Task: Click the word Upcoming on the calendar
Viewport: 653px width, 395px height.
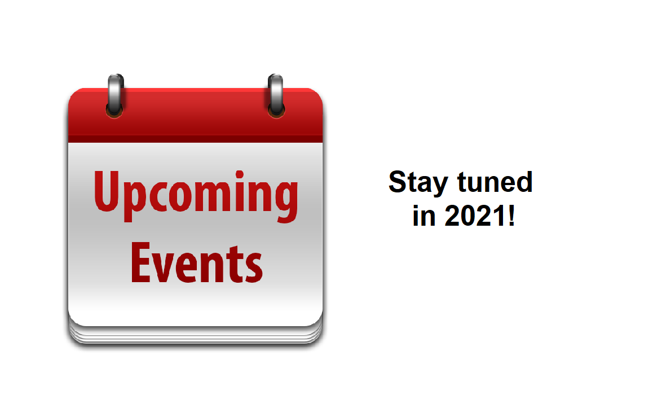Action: pyautogui.click(x=196, y=196)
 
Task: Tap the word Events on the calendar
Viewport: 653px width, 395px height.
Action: pyautogui.click(x=197, y=263)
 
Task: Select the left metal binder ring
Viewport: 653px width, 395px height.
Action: pyautogui.click(x=116, y=96)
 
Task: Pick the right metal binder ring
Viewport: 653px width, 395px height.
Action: pyautogui.click(x=276, y=96)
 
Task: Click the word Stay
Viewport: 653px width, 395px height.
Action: pyautogui.click(x=418, y=183)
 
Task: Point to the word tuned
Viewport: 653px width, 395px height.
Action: pyautogui.click(x=495, y=182)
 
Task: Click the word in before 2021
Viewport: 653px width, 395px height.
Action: pyautogui.click(x=424, y=216)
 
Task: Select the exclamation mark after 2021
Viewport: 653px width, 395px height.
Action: pyautogui.click(x=512, y=216)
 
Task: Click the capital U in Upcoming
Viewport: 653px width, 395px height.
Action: pyautogui.click(x=107, y=191)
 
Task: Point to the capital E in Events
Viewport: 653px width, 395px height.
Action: pyautogui.click(x=140, y=263)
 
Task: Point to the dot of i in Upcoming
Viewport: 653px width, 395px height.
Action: pyautogui.click(x=240, y=174)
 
